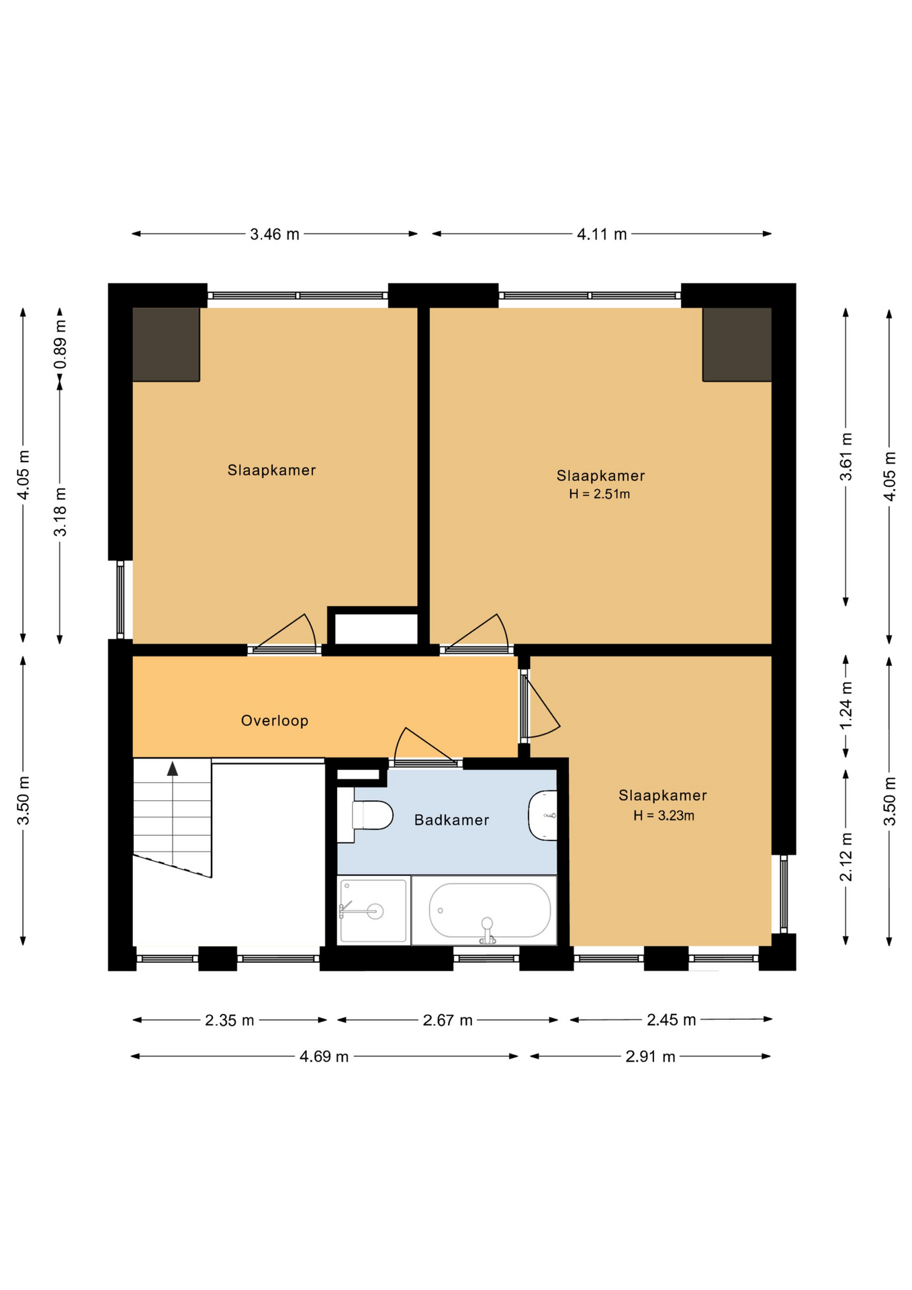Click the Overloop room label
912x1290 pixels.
point(275,720)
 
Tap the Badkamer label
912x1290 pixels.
point(451,820)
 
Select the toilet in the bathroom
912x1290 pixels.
point(365,815)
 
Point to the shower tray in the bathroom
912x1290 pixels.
point(373,910)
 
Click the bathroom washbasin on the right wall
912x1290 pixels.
point(543,816)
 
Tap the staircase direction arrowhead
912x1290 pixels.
point(173,769)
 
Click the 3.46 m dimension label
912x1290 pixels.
point(275,234)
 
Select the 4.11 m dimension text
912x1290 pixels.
point(602,234)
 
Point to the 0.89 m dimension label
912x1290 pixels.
point(60,345)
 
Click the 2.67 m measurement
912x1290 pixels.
point(447,1020)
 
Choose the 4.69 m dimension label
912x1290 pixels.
point(324,1056)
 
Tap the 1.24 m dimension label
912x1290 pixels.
point(846,705)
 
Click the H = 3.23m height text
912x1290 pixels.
point(664,816)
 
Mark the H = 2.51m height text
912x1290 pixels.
point(599,494)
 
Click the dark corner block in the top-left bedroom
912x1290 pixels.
point(166,344)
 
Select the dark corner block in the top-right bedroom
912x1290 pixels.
point(737,344)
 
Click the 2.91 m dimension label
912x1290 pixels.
point(650,1056)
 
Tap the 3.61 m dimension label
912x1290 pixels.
point(846,457)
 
